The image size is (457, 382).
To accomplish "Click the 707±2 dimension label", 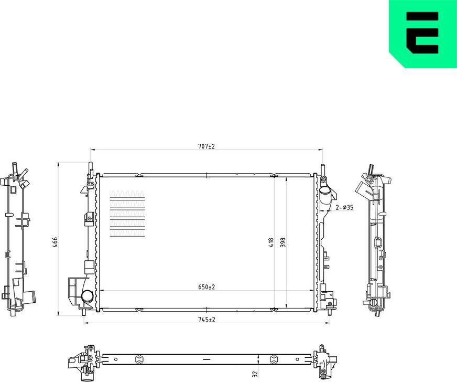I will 206,146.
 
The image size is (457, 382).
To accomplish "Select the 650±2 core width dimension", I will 206,287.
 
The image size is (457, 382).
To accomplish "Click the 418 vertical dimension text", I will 271,242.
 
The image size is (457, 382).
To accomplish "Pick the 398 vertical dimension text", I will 282,242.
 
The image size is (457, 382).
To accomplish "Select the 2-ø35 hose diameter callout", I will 344,208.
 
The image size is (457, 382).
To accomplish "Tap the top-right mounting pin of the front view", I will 322,168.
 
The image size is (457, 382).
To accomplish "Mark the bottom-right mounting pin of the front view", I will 329,311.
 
